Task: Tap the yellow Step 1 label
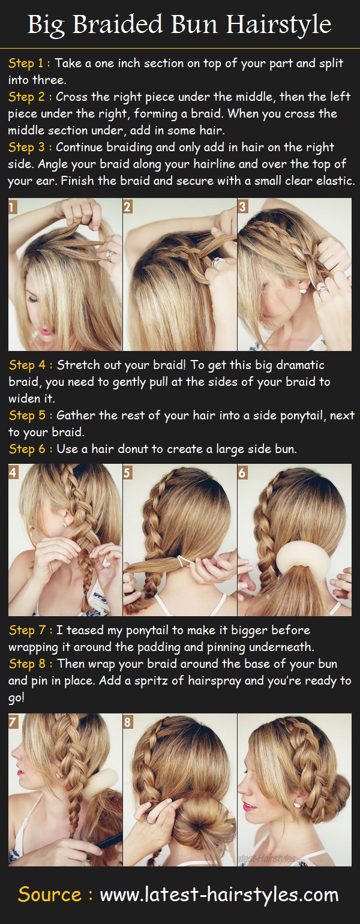[x=28, y=63]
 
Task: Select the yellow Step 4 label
[x=28, y=365]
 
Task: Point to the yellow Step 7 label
[x=28, y=630]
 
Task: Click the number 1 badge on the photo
[x=13, y=206]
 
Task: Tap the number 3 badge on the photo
[x=243, y=206]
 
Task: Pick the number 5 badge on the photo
[x=128, y=472]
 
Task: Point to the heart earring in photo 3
[x=303, y=290]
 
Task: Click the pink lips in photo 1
[x=44, y=330]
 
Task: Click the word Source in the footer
[x=49, y=894]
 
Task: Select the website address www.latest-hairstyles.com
[x=219, y=894]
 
